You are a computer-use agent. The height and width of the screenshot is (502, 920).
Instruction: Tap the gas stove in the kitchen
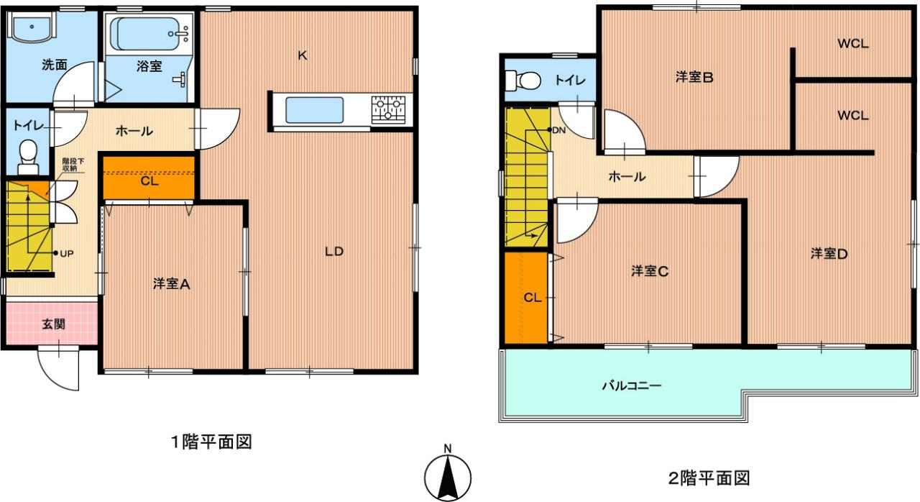[388, 110]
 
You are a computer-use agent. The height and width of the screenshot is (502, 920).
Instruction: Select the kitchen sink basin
[315, 110]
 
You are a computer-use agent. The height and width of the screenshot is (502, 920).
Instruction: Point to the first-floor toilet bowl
[28, 157]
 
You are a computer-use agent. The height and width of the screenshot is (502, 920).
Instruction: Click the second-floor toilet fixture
[523, 80]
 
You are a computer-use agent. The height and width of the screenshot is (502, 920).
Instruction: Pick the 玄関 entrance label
[54, 324]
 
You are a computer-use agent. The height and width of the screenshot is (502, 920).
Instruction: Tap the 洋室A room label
[171, 284]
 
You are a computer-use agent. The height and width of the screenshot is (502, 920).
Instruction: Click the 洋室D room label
[829, 254]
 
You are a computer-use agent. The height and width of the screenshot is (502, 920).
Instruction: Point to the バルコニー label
[632, 385]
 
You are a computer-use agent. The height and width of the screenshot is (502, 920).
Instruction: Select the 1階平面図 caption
[211, 442]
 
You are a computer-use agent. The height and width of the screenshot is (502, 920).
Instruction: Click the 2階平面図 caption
[709, 478]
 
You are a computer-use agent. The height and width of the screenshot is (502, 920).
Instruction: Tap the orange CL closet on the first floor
[148, 178]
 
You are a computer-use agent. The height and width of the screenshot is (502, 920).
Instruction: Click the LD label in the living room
[334, 252]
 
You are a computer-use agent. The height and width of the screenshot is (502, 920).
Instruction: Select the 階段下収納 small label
[70, 164]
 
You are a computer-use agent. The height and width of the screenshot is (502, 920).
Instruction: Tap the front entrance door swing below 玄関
[58, 368]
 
